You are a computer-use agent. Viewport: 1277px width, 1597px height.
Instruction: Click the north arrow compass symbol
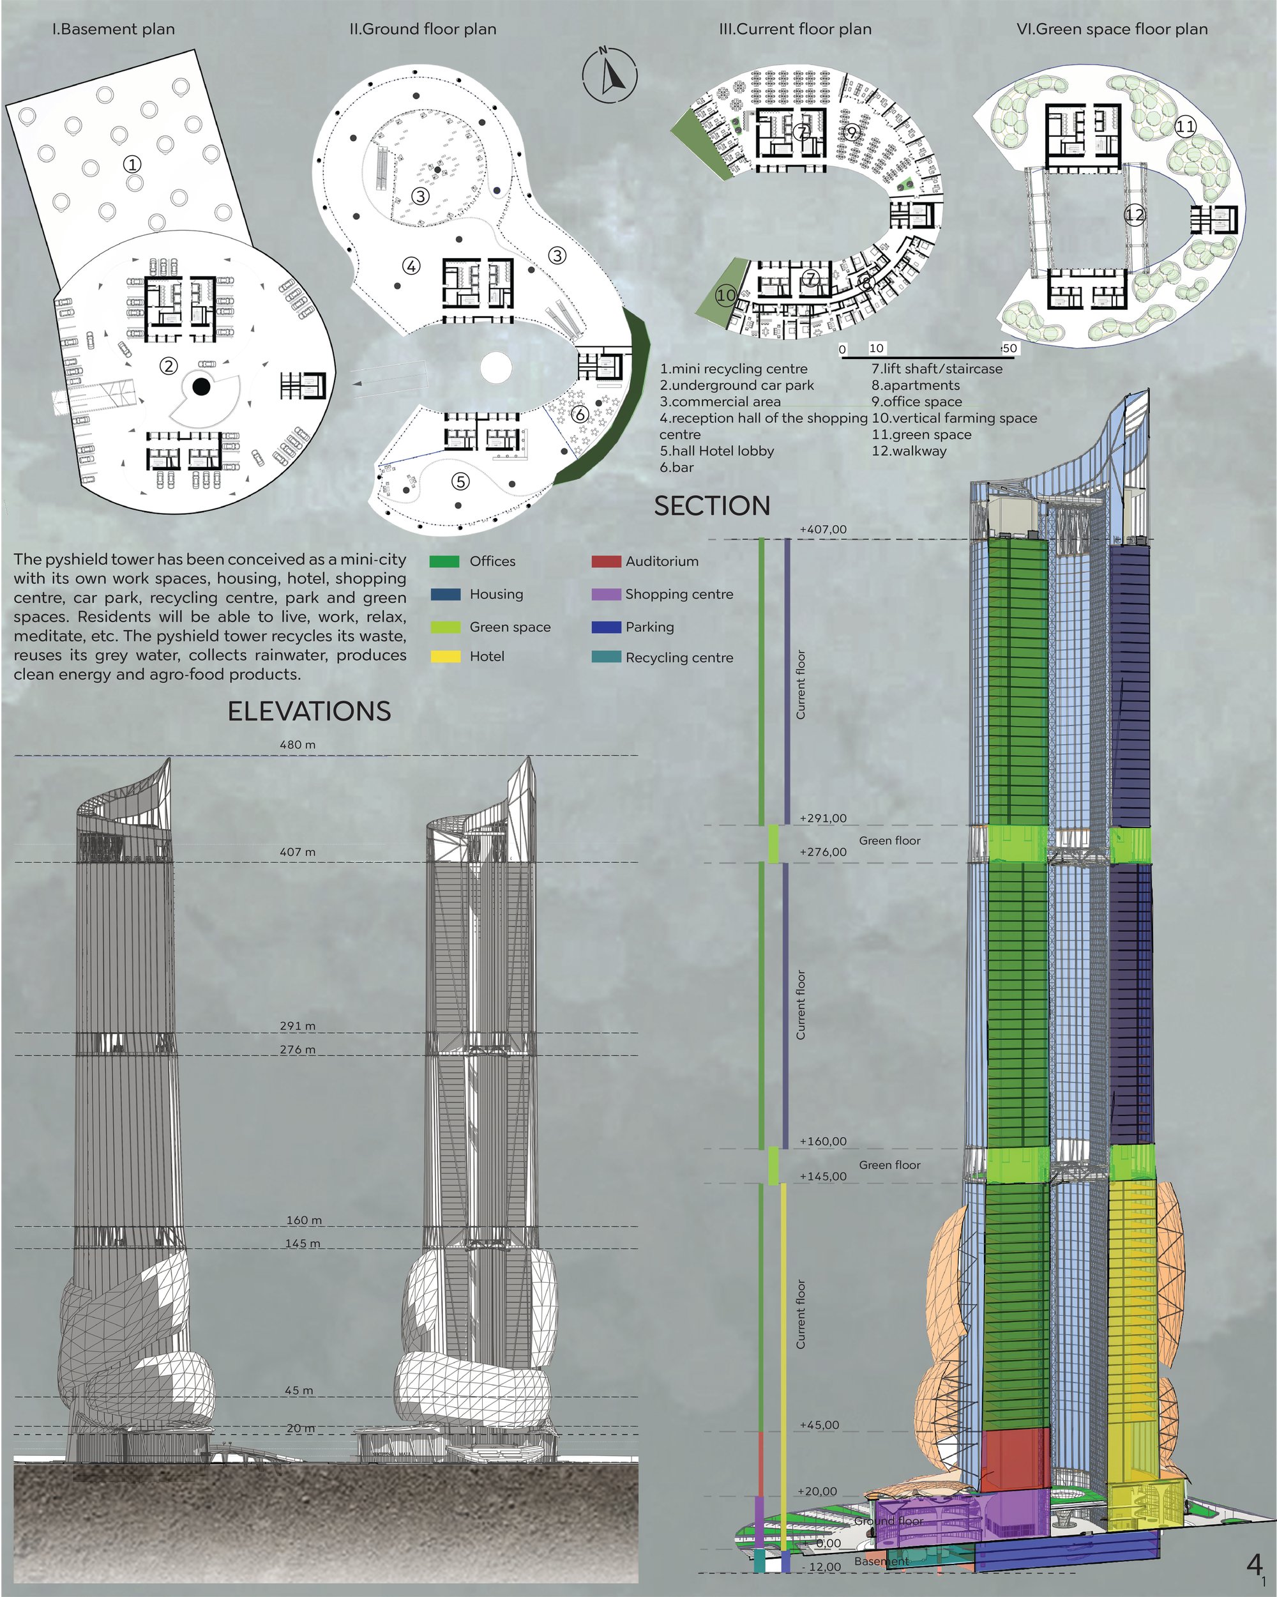609,75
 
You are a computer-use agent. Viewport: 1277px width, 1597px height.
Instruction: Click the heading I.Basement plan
113,29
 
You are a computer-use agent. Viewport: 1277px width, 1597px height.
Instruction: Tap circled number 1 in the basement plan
133,164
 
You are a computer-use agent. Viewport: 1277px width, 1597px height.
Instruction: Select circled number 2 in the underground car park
169,365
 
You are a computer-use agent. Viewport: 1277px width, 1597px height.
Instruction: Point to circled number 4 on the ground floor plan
412,265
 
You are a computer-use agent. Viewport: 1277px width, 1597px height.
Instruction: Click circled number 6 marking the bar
580,414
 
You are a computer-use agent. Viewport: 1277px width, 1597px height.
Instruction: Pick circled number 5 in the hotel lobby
460,482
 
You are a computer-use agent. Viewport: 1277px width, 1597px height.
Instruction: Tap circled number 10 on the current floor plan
726,295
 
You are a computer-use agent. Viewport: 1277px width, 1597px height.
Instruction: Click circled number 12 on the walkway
1134,215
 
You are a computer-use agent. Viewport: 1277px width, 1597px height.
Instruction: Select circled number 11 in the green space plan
1185,126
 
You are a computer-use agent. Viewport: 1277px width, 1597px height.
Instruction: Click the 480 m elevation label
298,744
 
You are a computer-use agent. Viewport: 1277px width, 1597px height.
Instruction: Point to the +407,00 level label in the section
823,530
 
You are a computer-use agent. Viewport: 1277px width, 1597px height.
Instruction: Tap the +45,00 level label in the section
819,1425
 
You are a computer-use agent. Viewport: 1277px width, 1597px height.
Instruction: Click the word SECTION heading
712,506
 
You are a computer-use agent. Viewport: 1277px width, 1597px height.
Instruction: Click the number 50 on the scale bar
1009,348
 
